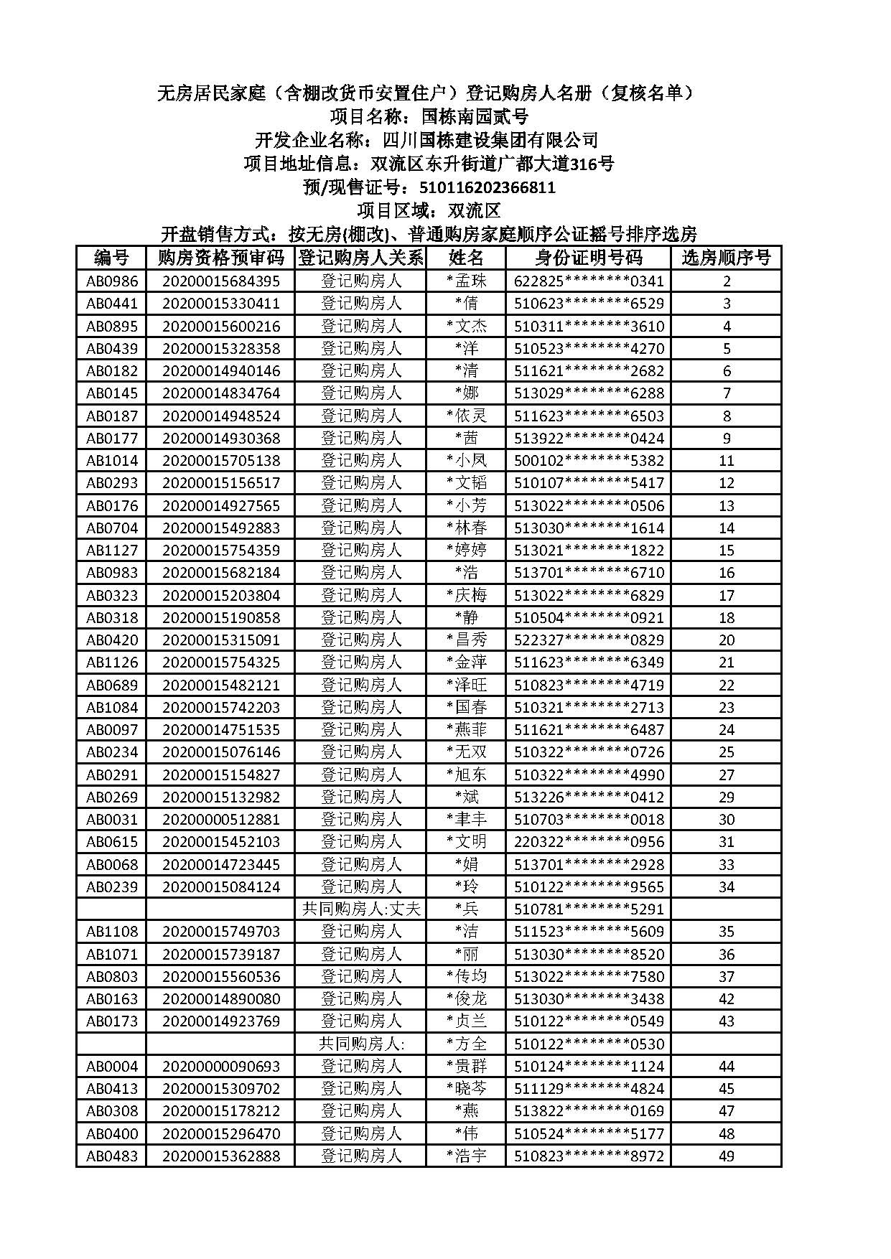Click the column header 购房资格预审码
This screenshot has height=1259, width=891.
pos(220,258)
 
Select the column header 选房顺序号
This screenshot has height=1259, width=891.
pos(726,258)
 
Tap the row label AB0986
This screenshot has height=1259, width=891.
pos(112,281)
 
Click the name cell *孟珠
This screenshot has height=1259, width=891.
pos(467,281)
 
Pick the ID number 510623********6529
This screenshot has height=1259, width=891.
pos(589,304)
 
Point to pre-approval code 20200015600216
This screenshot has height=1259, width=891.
pos(220,326)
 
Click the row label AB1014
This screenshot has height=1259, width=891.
pos(112,460)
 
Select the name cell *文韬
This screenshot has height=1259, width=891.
pos(467,483)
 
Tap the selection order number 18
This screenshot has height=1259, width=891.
pos(726,617)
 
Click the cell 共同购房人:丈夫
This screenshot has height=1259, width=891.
pos(360,909)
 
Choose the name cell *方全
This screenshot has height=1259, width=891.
pos(467,1044)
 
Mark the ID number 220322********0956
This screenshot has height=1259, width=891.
pos(589,841)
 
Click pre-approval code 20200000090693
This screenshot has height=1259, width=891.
pos(220,1066)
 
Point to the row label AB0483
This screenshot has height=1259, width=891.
pos(112,1156)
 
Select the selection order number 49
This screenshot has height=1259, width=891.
pos(726,1156)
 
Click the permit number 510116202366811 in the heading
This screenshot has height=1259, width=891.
pos(487,188)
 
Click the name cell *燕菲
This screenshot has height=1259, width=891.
pos(467,729)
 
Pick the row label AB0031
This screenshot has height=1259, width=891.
pos(112,819)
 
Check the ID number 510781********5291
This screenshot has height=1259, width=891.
pos(589,909)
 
